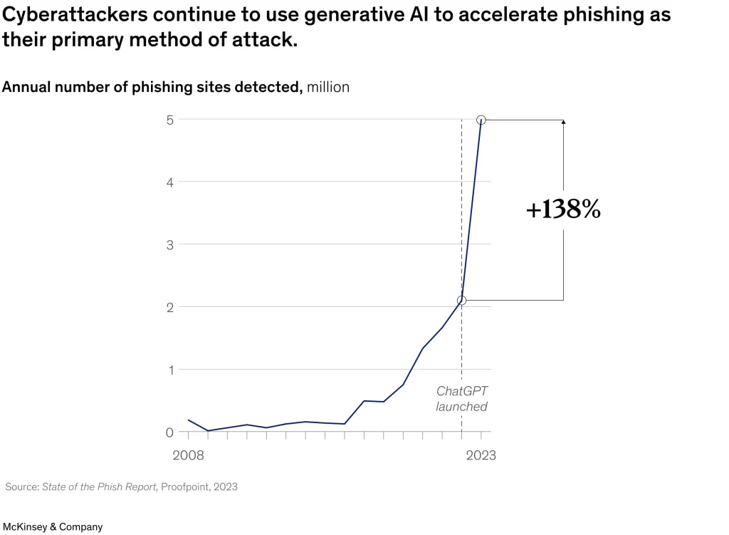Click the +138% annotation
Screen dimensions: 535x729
tap(563, 210)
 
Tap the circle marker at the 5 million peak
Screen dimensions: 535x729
tap(481, 120)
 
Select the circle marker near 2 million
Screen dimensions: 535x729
tap(461, 301)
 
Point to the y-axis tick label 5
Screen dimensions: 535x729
tap(170, 120)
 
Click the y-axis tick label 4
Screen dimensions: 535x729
tap(170, 182)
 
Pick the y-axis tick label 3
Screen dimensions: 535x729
tap(170, 244)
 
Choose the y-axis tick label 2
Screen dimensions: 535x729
tap(170, 307)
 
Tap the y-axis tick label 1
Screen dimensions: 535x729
tap(170, 370)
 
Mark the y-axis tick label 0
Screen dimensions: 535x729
tap(170, 432)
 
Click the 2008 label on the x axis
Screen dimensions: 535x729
tap(188, 455)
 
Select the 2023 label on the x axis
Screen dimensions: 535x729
tap(481, 455)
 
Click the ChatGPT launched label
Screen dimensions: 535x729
tap(461, 399)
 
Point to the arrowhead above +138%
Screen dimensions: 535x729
tap(563, 123)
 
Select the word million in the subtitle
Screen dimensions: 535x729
tap(328, 87)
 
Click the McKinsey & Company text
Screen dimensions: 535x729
tap(53, 527)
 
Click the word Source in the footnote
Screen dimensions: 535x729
tap(21, 487)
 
